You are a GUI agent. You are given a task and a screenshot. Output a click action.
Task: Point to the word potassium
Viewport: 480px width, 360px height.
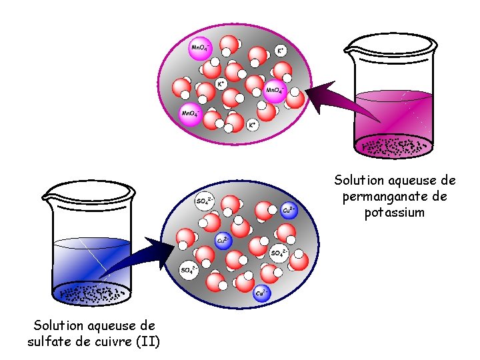point(394,213)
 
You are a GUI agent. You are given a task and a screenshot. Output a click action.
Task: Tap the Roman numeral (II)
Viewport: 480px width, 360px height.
point(147,343)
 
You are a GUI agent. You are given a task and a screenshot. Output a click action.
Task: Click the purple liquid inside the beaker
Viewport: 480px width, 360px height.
point(393,117)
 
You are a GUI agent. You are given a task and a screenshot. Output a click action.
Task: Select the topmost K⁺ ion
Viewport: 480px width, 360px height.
point(282,51)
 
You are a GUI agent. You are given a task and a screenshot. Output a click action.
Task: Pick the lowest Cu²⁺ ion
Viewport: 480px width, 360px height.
point(261,293)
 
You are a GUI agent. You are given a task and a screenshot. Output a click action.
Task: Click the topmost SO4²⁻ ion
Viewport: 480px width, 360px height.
point(204,201)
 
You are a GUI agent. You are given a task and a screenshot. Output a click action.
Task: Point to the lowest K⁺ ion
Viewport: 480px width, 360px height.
point(252,125)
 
